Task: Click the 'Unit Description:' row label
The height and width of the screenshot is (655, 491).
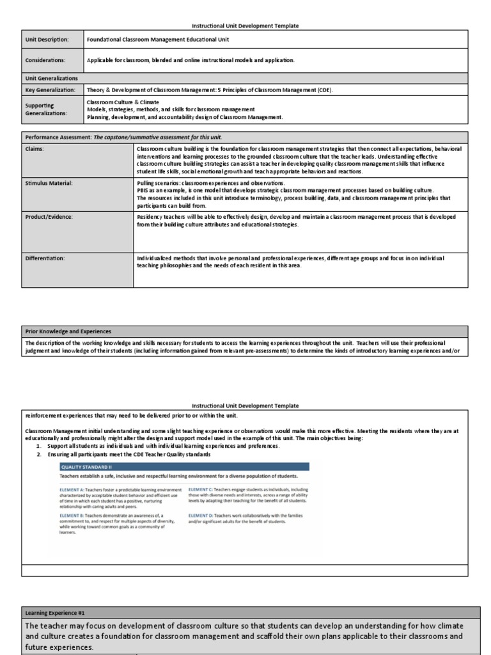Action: tap(46, 39)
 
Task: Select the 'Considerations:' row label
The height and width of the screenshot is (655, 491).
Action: tap(45, 60)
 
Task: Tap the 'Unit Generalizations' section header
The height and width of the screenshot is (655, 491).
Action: tap(51, 78)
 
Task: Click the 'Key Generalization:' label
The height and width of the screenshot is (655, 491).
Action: tap(50, 90)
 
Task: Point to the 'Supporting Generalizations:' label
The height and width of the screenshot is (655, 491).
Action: tap(46, 109)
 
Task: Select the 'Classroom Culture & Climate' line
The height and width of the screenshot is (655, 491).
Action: tap(123, 102)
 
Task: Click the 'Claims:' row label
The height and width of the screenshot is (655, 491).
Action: tap(35, 148)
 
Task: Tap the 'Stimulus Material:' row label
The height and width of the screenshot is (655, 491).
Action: tap(49, 183)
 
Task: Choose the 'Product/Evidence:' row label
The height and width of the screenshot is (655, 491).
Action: tap(49, 217)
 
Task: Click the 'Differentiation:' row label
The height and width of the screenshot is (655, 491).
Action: tap(45, 258)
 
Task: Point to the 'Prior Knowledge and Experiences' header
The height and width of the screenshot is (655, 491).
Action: tap(68, 331)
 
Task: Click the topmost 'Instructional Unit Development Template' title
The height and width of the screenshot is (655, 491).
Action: tap(245, 26)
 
